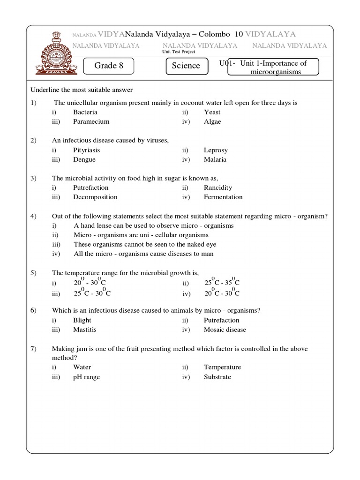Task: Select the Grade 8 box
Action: pos(109,66)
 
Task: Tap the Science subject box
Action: pos(186,66)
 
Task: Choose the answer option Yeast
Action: pos(212,112)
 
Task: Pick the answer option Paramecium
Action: pos(91,121)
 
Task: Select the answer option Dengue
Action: pos(84,159)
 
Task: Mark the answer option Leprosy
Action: pos(216,150)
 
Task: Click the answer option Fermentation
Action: pos(223,197)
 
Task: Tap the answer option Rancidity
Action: pos(217,187)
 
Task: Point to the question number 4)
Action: pos(34,216)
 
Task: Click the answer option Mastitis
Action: pos(85,330)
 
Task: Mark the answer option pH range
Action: pos(86,377)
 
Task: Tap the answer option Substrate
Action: pos(217,377)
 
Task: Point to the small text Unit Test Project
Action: pos(179,52)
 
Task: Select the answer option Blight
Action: pos(82,320)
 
